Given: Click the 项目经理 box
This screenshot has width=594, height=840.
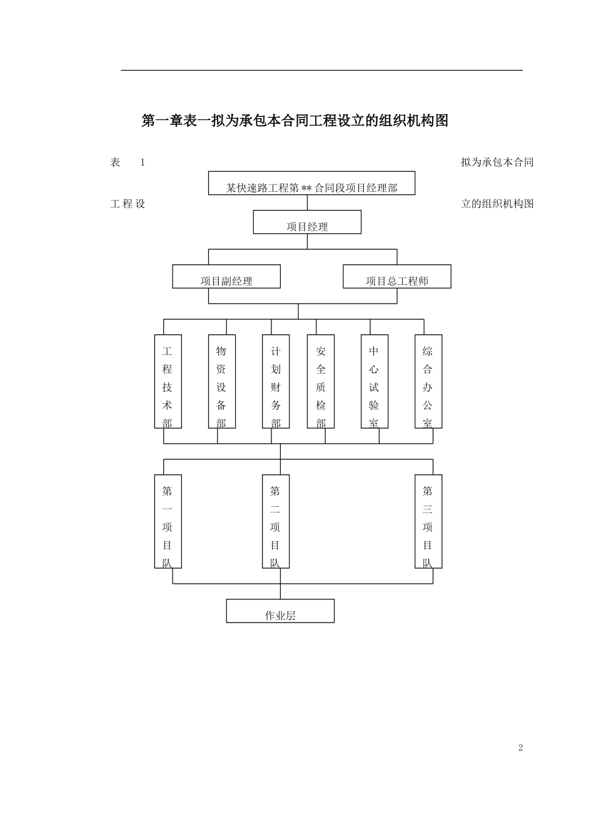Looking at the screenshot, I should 307,222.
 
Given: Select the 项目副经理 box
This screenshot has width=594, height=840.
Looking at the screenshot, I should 226,277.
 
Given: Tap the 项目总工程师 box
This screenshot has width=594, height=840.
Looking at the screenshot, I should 397,277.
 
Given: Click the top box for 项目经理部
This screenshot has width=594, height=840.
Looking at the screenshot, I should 311,183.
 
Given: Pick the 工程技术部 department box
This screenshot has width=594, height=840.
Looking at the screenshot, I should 168,381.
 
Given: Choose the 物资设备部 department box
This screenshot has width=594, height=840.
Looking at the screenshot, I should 221,381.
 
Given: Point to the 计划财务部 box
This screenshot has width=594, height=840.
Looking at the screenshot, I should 276,381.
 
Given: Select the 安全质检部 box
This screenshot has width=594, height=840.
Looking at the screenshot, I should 321,381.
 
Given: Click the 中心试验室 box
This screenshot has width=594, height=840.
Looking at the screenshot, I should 374,381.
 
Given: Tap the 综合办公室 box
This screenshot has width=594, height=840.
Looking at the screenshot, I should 428,381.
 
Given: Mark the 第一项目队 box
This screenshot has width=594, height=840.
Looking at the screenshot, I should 168,521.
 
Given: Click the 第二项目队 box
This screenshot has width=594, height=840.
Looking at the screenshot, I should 276,521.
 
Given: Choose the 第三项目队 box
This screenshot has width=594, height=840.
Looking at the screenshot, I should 428,521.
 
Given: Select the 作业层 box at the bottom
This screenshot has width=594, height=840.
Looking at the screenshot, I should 280,611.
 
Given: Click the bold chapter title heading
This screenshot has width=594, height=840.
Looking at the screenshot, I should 295,121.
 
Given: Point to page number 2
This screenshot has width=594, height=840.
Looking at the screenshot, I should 520,748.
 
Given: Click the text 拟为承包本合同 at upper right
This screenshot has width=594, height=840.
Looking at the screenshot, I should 497,162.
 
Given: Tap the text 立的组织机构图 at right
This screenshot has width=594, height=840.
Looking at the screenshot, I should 497,204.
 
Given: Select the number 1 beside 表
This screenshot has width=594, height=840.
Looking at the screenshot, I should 143,162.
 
